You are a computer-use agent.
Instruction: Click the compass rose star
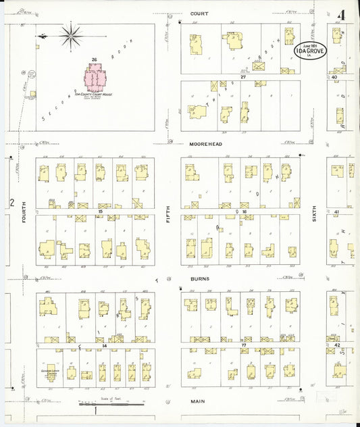[x=70, y=34]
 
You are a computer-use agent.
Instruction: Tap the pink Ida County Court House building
[x=95, y=78]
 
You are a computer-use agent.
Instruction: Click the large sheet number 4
[x=343, y=14]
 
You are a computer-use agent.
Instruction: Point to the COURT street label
[x=199, y=14]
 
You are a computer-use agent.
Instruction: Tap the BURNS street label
[x=200, y=278]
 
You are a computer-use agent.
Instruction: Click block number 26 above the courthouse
[x=95, y=60]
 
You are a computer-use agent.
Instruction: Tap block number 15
[x=100, y=211]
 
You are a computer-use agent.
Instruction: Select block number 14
[x=105, y=345]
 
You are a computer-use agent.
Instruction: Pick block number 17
[x=242, y=344]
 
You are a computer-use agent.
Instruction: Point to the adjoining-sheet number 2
[x=11, y=202]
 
